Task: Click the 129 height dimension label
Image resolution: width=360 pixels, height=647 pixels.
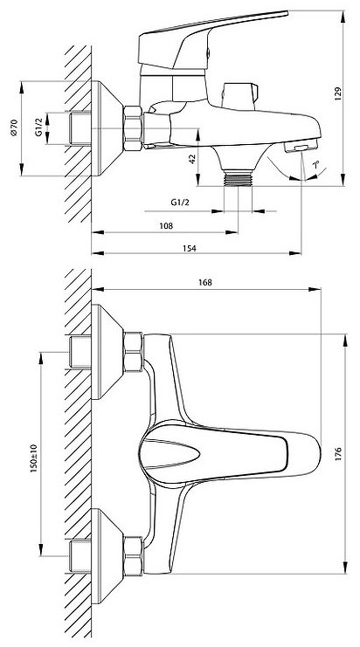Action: tap(338, 94)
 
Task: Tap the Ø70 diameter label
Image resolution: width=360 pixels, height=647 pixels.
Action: tap(15, 127)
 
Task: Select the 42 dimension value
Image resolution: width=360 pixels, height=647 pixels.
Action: tap(192, 159)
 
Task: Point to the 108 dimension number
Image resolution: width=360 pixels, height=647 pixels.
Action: tap(166, 225)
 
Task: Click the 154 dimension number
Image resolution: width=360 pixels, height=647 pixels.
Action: tap(189, 248)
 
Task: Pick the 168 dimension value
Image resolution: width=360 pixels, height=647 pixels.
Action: tap(204, 282)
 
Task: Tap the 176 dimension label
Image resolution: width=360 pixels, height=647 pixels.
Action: tap(338, 453)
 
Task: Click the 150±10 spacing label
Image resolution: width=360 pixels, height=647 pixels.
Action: tap(34, 458)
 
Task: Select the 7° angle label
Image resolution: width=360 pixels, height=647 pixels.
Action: tap(315, 165)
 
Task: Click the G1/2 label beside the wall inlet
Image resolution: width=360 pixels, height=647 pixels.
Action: tap(38, 127)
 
